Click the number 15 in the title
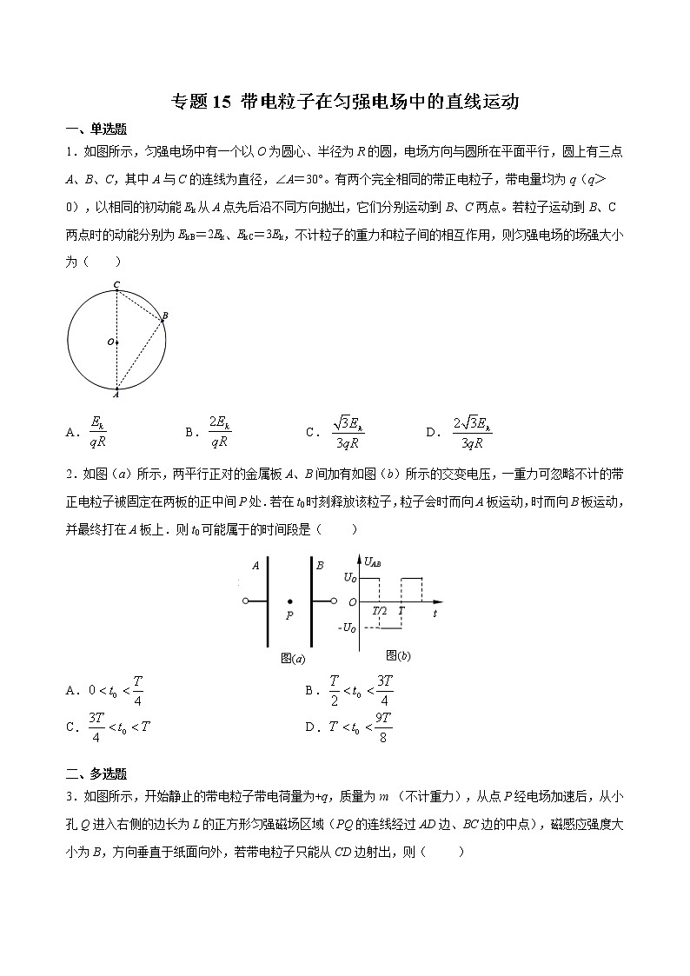tap(222, 102)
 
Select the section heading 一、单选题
tap(96, 129)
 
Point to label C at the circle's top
tap(116, 284)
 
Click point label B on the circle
tap(165, 315)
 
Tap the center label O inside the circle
tap(110, 342)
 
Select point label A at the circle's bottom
tap(116, 393)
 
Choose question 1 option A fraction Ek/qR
tap(97, 432)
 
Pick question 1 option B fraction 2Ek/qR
tap(219, 432)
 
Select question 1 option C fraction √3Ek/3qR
tap(347, 432)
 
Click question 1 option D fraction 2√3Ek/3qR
tap(471, 432)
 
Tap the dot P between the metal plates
tap(289, 601)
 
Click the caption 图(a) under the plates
tap(293, 658)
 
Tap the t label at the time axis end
tap(434, 613)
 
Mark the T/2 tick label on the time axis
tap(380, 611)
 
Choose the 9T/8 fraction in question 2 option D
tap(383, 727)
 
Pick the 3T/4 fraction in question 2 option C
tap(96, 727)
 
